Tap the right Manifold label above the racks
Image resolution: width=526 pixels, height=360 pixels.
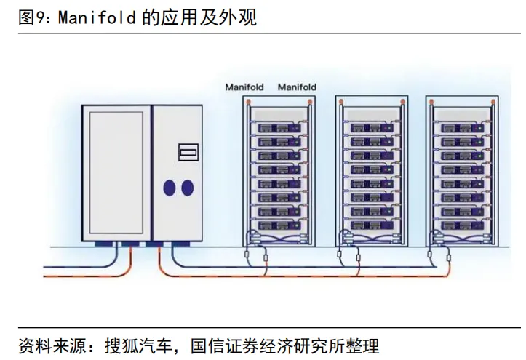298,87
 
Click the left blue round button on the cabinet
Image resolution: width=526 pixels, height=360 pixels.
169,188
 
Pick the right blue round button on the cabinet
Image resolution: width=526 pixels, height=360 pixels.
188,188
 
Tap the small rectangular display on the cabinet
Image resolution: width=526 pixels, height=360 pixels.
188,152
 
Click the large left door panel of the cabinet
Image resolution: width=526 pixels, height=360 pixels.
114,172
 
